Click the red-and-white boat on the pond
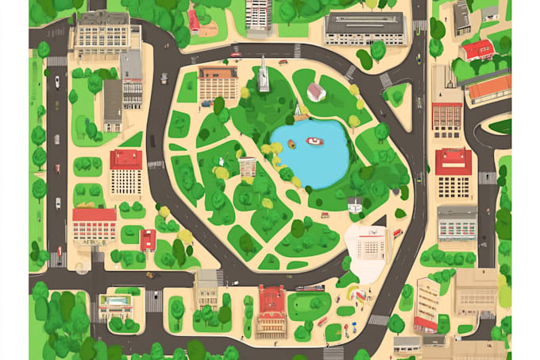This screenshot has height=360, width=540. click(x=315, y=141)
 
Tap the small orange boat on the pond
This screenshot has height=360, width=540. click(x=291, y=144)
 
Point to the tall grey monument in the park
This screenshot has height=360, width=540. click(x=264, y=75)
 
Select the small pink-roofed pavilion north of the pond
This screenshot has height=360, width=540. click(x=316, y=91)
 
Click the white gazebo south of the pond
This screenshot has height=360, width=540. click(x=355, y=204)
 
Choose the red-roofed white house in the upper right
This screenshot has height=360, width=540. click(x=478, y=51)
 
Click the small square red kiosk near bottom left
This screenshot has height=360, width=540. click(x=148, y=239)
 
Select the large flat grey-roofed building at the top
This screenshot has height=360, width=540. click(x=364, y=28)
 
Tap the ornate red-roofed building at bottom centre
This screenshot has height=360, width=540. click(x=272, y=310)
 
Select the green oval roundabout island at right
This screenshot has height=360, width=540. click(x=500, y=126)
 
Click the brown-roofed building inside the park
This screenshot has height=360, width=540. click(x=218, y=83)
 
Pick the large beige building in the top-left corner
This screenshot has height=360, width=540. click(x=104, y=33)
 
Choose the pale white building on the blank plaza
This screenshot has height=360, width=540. click(x=371, y=245)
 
